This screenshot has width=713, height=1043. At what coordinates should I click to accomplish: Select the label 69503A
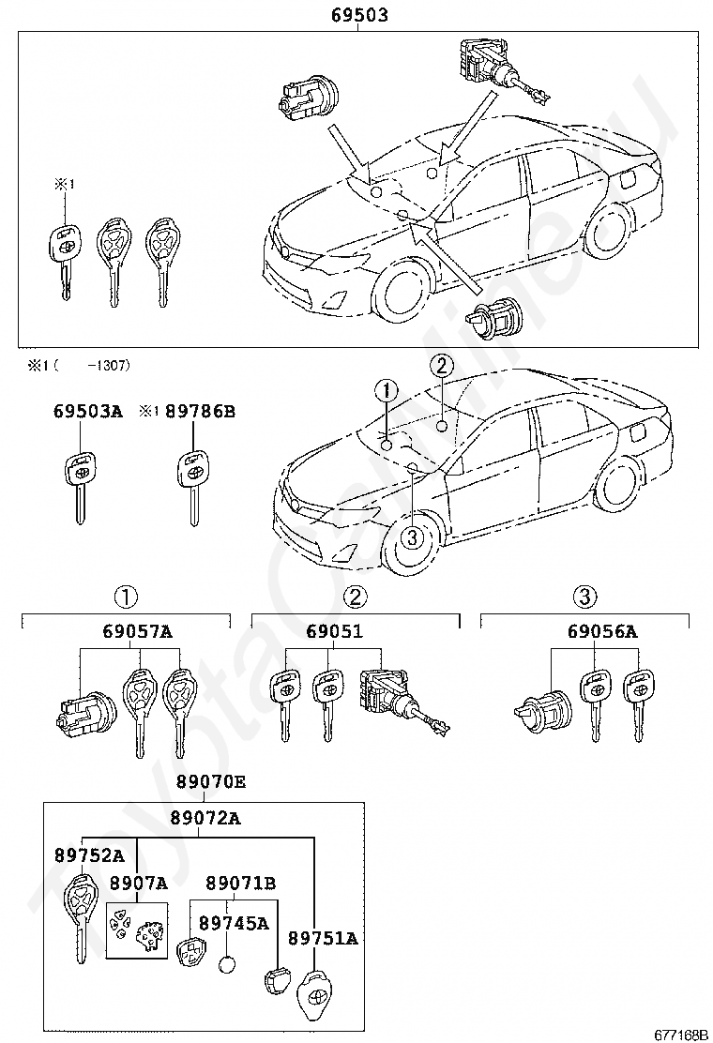[87, 411]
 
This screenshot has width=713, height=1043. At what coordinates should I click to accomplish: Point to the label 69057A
[137, 631]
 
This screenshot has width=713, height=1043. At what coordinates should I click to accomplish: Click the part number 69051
[334, 631]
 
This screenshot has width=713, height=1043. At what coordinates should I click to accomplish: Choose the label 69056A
[601, 631]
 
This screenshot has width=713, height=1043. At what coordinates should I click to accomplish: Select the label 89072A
[205, 818]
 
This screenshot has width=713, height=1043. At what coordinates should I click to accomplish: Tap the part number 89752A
[88, 854]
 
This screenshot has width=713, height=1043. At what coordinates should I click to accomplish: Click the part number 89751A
[323, 938]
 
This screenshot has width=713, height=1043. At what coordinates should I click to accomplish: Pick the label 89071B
[241, 883]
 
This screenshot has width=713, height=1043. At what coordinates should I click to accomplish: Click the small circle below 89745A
[229, 963]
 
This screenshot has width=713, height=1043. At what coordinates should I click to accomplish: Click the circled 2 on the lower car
[442, 366]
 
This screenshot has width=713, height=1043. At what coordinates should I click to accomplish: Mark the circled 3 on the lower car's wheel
[412, 537]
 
